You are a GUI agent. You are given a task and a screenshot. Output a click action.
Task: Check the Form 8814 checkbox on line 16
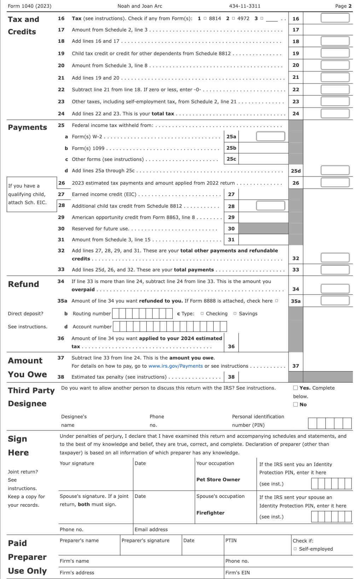click(205, 18)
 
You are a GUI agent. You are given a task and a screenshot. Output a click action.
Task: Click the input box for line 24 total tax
click(335, 114)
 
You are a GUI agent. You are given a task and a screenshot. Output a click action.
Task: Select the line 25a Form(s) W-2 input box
click(270, 136)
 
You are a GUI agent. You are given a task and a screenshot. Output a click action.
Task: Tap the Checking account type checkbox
click(202, 314)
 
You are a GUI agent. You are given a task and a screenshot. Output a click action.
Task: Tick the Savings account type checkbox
click(235, 314)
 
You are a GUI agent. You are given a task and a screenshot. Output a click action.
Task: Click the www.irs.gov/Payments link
click(175, 366)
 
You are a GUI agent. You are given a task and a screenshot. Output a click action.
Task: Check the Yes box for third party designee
click(296, 388)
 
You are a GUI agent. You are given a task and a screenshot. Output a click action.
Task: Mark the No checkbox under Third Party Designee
click(296, 405)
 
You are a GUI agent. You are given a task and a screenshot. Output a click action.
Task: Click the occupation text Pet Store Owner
click(218, 480)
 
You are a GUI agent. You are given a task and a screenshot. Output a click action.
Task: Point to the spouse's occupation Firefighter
click(210, 513)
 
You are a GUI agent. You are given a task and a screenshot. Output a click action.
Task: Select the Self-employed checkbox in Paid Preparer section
click(295, 549)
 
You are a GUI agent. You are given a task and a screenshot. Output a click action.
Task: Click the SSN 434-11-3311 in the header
click(245, 6)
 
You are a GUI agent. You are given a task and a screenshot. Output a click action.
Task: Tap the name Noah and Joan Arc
click(140, 6)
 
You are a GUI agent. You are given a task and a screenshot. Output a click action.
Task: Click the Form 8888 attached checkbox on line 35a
click(277, 301)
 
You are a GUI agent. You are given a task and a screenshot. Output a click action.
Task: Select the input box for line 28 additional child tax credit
click(270, 206)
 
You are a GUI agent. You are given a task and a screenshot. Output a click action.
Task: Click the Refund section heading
click(23, 284)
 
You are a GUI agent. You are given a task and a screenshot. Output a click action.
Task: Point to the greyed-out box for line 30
click(263, 229)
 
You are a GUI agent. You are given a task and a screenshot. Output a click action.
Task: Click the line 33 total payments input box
click(335, 270)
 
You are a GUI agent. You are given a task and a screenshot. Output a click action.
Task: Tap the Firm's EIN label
click(237, 573)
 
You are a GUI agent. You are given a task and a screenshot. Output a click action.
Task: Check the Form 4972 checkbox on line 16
click(233, 18)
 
